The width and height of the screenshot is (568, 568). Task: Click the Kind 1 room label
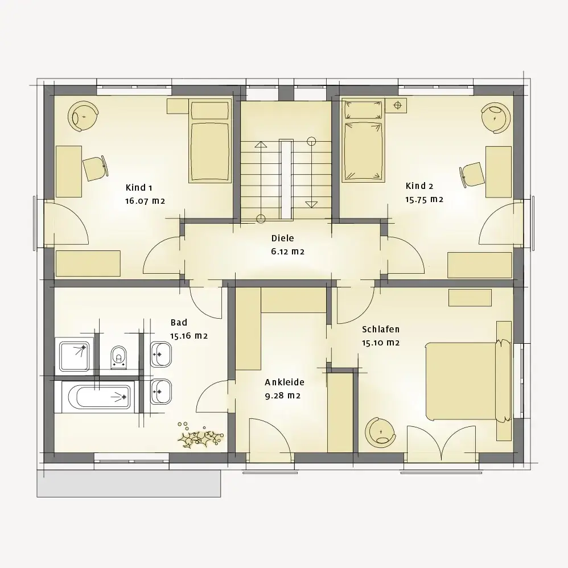tap(139, 188)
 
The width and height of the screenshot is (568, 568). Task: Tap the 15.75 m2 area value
tap(424, 200)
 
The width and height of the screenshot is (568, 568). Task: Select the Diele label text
tap(282, 238)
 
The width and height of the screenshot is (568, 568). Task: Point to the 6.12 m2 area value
tap(287, 252)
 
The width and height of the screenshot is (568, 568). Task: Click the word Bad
tap(179, 322)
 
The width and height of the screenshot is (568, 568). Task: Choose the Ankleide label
tap(285, 382)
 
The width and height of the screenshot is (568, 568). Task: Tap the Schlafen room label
tap(381, 330)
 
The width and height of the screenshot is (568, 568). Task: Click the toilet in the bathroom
tap(119, 357)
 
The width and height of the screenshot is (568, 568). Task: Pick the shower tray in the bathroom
tap(74, 356)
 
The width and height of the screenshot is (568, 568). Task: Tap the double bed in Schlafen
tap(468, 381)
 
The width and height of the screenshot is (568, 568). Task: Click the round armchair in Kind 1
tap(83, 117)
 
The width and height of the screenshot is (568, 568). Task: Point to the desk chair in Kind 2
tap(472, 174)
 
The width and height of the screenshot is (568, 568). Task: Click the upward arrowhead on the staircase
tap(261, 145)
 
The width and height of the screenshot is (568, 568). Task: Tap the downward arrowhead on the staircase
tap(311, 205)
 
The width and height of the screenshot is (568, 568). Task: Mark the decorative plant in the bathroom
tap(200, 435)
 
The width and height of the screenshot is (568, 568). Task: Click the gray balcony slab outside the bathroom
tap(129, 484)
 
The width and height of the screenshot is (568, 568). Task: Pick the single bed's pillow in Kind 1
tap(210, 110)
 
